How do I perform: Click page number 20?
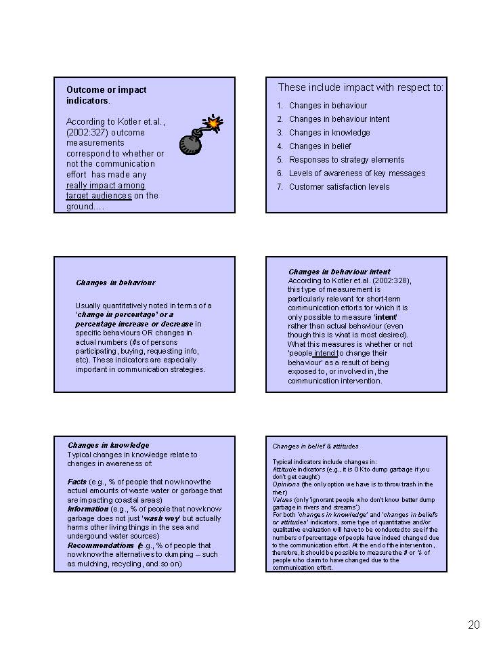click(x=473, y=625)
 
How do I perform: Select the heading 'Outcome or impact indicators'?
click(x=106, y=95)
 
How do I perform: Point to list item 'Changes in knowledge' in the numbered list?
click(x=329, y=133)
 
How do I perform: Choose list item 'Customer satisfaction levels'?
click(x=339, y=187)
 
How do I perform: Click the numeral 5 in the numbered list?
click(x=280, y=160)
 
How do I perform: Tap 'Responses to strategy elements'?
click(x=347, y=160)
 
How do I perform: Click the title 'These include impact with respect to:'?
click(x=361, y=87)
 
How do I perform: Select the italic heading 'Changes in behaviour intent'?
click(x=339, y=272)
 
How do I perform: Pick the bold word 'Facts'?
click(x=77, y=482)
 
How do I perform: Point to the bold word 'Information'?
click(x=87, y=509)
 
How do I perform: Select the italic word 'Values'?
click(x=282, y=499)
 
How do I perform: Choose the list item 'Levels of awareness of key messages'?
click(x=357, y=173)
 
